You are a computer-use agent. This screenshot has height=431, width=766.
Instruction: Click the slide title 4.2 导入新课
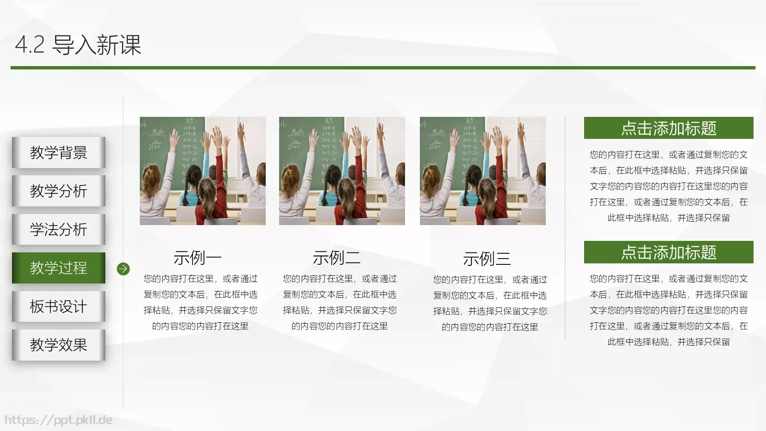[x=78, y=45]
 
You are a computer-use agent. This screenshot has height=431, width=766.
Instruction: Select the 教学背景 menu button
[x=58, y=153]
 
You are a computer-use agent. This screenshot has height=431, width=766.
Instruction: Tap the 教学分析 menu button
[x=58, y=191]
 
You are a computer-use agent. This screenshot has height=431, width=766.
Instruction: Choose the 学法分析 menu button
[x=58, y=229]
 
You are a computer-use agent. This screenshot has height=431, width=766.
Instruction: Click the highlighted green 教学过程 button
[x=58, y=268]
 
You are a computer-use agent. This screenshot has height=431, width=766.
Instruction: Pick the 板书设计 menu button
[x=58, y=306]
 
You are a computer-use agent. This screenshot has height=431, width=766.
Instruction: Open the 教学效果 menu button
[x=58, y=345]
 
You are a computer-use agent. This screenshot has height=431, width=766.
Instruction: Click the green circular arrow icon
[x=123, y=269]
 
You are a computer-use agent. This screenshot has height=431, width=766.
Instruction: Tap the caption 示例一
[x=197, y=258]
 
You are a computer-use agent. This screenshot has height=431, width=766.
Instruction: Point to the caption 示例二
[x=337, y=258]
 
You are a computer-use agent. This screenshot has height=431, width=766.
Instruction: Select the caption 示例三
[x=487, y=259]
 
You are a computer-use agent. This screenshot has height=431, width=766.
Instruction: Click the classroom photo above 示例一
[x=203, y=171]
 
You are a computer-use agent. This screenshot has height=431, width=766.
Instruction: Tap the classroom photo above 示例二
[x=342, y=171]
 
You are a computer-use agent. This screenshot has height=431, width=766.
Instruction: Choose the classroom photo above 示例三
[x=483, y=171]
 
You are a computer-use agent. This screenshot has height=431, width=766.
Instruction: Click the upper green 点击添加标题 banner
[x=668, y=128]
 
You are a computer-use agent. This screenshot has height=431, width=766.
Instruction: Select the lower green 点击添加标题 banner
[x=668, y=252]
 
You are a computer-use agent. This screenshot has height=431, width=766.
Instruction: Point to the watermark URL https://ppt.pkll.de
[x=58, y=420]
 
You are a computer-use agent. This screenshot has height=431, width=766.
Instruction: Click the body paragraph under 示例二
[x=339, y=302]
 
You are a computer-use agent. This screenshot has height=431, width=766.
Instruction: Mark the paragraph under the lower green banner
[x=668, y=310]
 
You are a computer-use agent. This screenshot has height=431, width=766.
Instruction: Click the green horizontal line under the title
[x=383, y=68]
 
